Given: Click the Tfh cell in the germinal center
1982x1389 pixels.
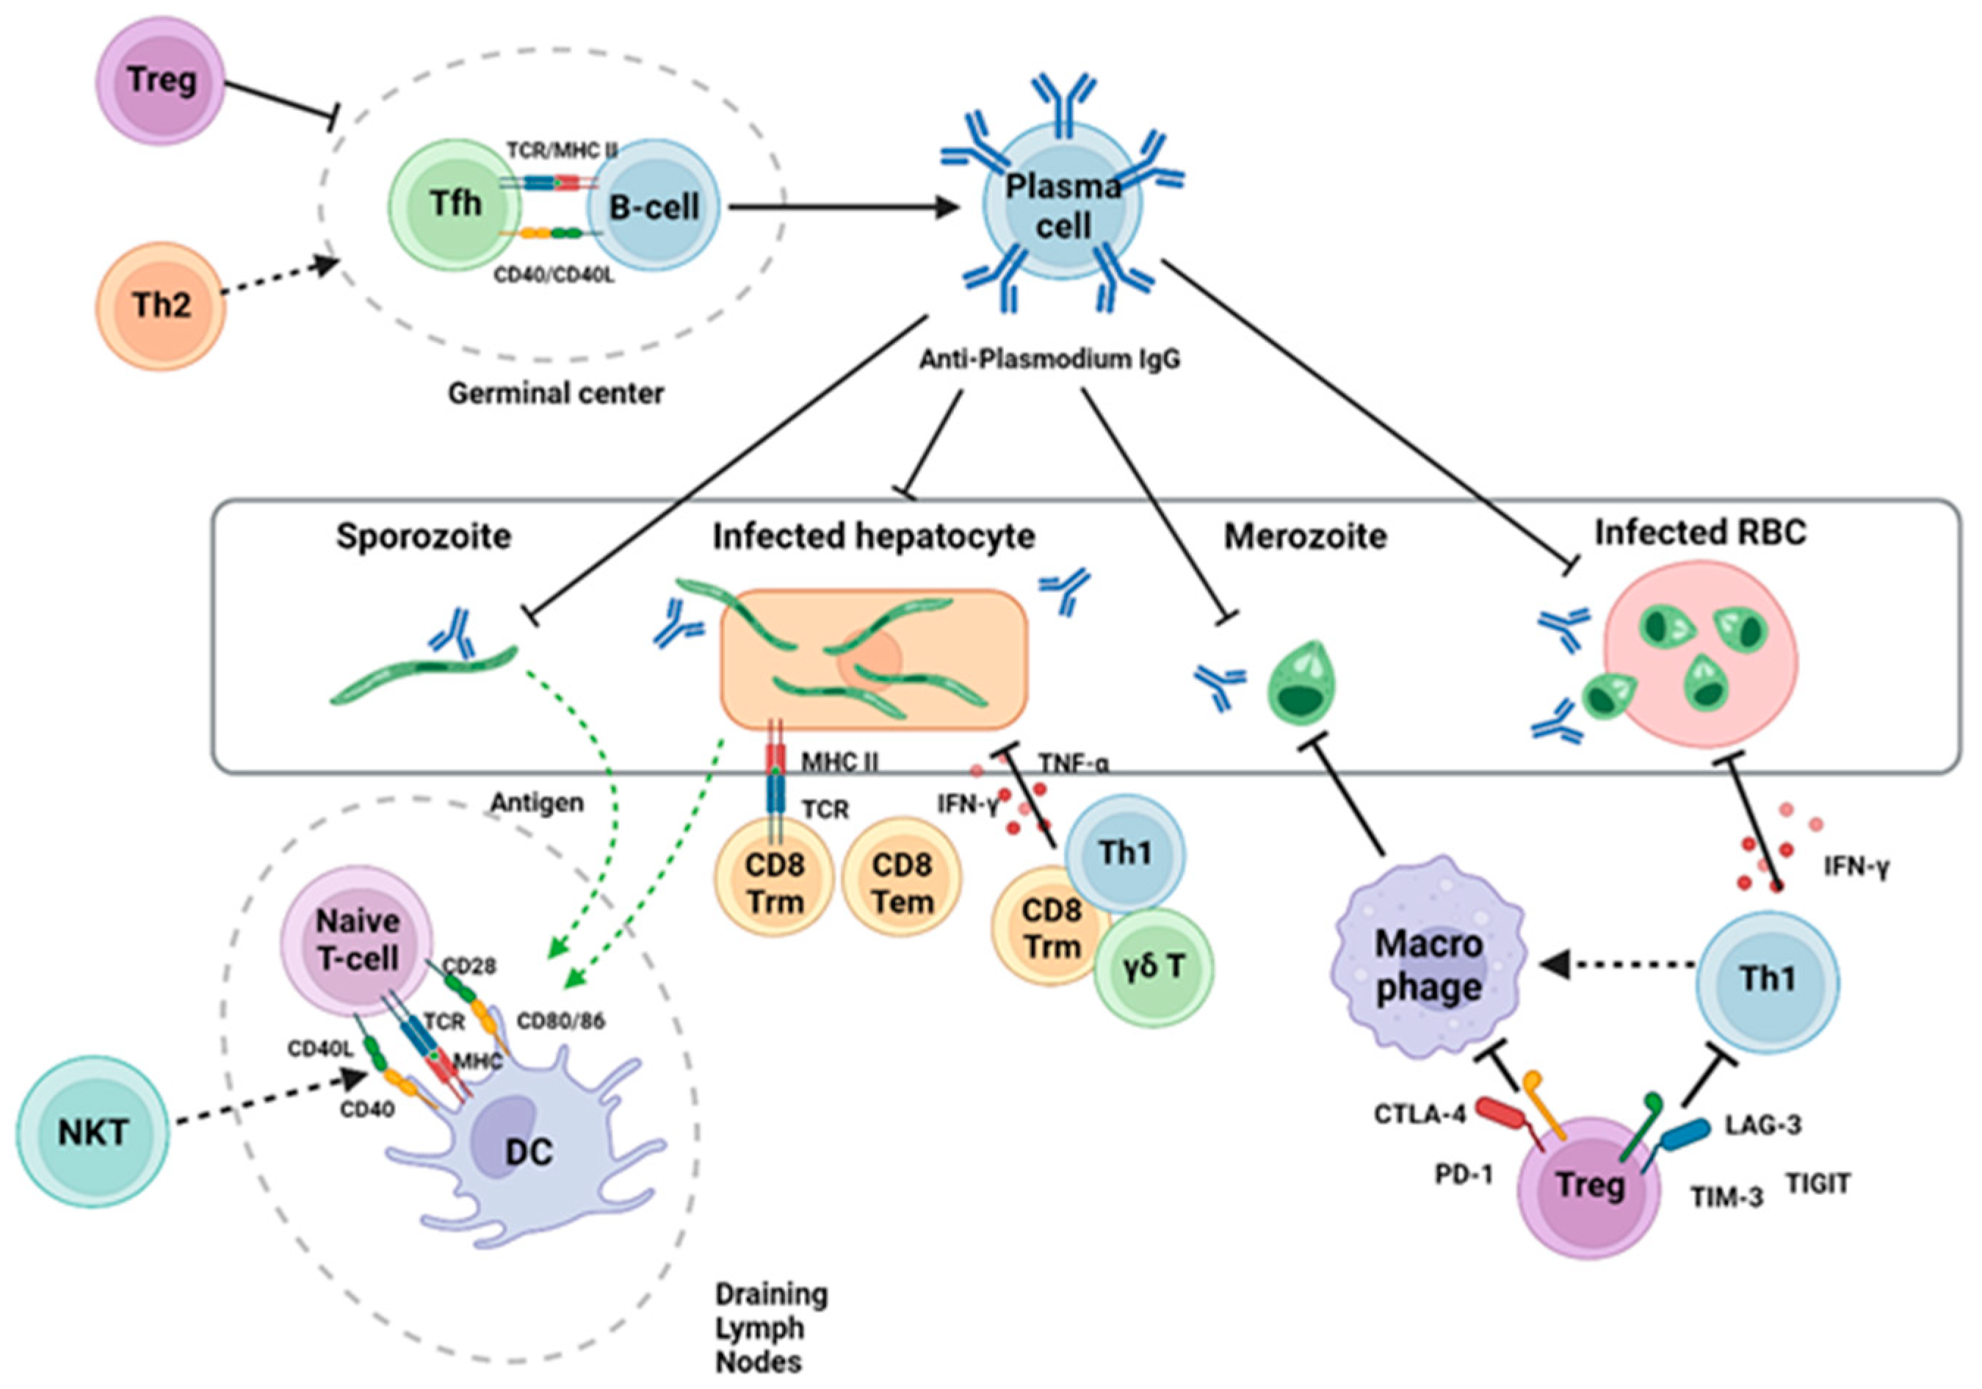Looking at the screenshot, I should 455,205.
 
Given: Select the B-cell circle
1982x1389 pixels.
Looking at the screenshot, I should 654,207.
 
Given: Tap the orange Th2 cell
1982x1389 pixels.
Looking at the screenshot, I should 161,306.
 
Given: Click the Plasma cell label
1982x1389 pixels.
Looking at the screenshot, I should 1063,206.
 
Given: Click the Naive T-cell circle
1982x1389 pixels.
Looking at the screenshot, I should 358,939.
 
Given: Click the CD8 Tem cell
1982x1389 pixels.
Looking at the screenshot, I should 902,883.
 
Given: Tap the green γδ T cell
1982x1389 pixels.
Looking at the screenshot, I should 1154,967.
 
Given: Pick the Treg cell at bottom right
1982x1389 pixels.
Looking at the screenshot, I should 1589,1187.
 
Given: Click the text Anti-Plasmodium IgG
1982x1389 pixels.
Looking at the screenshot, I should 1049,359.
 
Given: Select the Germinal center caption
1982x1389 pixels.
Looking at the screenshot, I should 556,394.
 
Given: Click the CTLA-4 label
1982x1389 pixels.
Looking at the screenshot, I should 1419,1114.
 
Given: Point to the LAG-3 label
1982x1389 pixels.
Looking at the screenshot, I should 1762,1125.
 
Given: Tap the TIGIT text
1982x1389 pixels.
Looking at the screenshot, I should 1818,1183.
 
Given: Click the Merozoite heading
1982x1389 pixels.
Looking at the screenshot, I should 1305,537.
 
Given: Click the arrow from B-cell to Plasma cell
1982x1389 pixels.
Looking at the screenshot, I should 842,207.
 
